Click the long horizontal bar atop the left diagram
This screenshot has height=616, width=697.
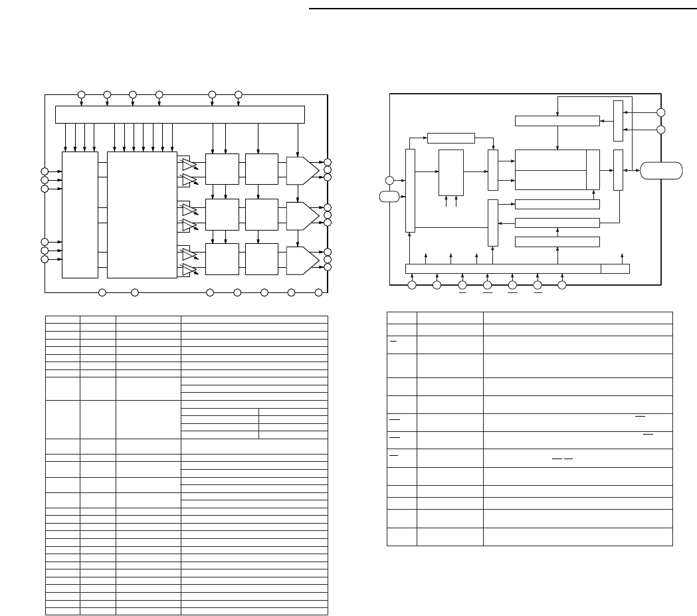[179, 114]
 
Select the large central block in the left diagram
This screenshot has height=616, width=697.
[142, 215]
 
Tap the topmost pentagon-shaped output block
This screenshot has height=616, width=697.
[302, 169]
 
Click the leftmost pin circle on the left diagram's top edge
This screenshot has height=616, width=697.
[81, 94]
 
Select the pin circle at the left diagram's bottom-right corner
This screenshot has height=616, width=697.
[319, 292]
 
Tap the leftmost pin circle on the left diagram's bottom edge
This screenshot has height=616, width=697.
[102, 292]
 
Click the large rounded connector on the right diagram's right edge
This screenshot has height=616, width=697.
[661, 170]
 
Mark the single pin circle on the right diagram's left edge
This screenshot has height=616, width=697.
[389, 180]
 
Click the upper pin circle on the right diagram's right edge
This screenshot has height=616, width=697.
[660, 113]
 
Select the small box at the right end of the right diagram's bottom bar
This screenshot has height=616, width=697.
[615, 268]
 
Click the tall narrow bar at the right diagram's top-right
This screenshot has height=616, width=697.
[619, 120]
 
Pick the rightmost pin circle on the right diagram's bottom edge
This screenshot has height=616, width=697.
[562, 285]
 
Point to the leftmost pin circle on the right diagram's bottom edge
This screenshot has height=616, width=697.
[412, 285]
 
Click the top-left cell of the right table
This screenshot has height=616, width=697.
[401, 318]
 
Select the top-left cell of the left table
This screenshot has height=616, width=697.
[62, 319]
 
